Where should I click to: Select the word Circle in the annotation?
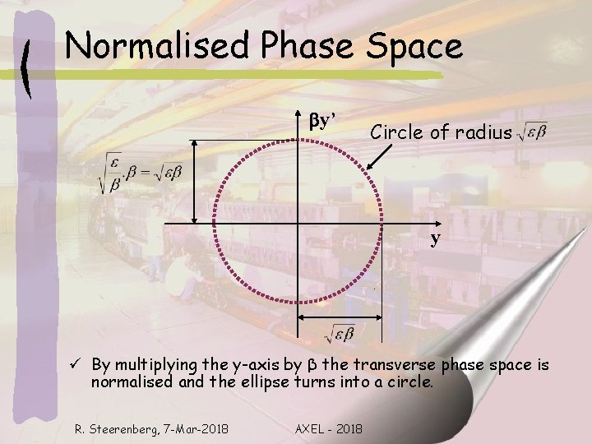[x=396, y=131]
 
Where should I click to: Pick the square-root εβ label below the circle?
[x=339, y=333]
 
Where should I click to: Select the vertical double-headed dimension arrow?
[x=194, y=181]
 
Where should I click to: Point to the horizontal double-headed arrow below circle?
[x=339, y=318]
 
